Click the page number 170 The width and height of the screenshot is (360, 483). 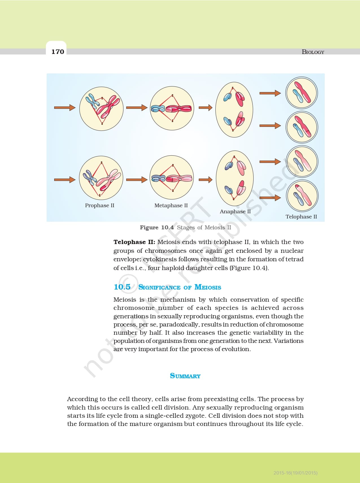click(58, 51)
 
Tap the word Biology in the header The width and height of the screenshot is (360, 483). click(313, 52)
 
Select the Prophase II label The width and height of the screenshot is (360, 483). click(100, 205)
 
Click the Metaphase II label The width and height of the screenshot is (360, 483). click(171, 205)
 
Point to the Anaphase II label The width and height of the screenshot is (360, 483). click(235, 212)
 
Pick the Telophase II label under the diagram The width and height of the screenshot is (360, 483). click(301, 217)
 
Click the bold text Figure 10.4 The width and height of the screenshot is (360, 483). click(157, 227)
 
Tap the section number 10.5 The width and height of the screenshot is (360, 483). click(122, 287)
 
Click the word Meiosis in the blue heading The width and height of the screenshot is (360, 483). click(208, 287)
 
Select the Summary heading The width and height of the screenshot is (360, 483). click(185, 376)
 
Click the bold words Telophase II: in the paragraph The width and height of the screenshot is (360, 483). click(134, 242)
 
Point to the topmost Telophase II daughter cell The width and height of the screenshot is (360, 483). click(302, 93)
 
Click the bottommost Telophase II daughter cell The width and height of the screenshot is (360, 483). click(302, 196)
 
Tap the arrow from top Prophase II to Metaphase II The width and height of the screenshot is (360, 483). click(137, 107)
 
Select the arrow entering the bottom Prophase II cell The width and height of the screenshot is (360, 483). click(65, 179)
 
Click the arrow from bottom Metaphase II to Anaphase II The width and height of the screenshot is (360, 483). click(205, 179)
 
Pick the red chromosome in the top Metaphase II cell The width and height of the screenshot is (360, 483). click(178, 108)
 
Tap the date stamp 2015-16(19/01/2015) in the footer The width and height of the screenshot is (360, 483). click(296, 473)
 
